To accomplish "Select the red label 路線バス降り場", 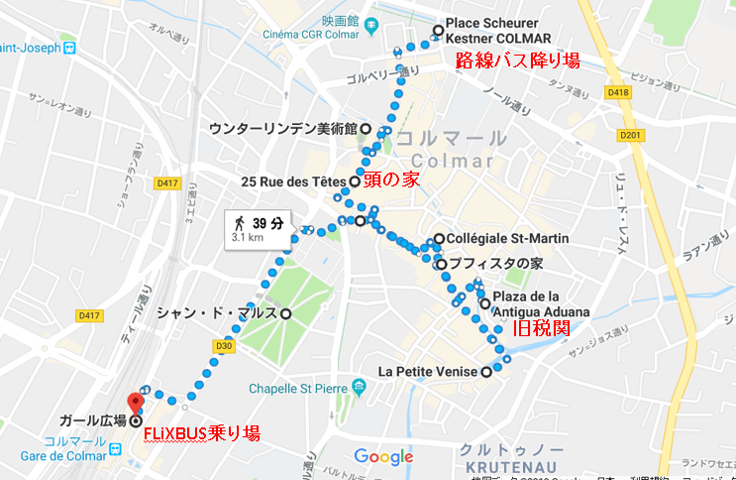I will coord(516,60).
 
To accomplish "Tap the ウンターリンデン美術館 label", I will coord(282,128).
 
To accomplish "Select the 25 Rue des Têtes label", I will coord(294,182).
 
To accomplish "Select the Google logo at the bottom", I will coord(383,456).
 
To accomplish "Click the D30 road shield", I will coord(225,346).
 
